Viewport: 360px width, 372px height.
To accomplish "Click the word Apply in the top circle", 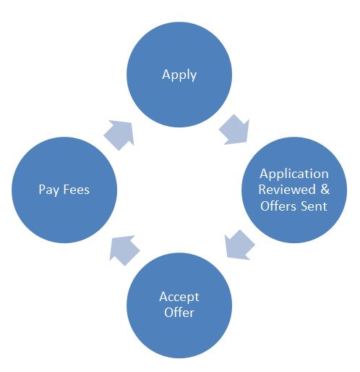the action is pos(179,75).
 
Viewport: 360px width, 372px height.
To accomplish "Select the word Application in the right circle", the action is pos(294,174).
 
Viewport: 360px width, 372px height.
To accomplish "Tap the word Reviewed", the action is pos(287,190).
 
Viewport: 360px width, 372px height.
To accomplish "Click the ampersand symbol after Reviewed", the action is pos(325,190).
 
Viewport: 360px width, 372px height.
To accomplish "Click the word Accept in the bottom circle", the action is pos(179,297).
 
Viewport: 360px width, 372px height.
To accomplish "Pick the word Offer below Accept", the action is pos(179,313).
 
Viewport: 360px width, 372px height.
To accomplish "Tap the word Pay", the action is pos(49,190).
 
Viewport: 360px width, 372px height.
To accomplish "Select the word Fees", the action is pos(77,190).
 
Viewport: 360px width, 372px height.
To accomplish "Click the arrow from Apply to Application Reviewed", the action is pos(234,130).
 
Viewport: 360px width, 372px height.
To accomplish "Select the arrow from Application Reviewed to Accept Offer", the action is pos(239,245).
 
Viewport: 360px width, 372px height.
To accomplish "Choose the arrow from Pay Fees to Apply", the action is pos(119,135).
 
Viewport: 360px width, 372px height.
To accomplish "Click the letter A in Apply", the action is pos(166,74).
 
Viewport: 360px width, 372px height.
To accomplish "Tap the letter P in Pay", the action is pos(42,189).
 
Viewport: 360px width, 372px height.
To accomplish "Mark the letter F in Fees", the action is pos(67,190).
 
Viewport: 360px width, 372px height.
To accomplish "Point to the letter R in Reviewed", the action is pos(262,190).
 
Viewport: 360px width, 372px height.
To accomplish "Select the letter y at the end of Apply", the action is pos(194,77).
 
